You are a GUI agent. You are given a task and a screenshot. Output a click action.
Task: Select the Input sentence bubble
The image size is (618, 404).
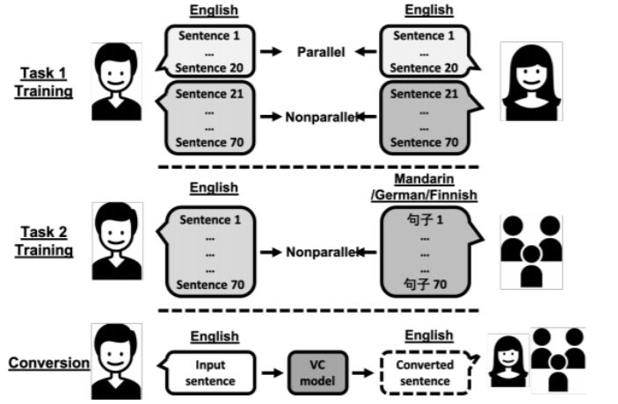215,371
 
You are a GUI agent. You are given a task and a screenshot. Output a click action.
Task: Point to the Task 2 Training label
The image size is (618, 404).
43,241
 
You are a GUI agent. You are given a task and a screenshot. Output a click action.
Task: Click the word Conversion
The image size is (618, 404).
48,363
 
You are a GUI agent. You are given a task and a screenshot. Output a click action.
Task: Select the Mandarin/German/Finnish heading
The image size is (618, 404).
428,186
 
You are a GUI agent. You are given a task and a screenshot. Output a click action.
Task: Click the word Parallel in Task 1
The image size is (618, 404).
319,52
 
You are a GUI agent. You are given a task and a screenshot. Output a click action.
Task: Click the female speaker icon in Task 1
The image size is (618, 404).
537,82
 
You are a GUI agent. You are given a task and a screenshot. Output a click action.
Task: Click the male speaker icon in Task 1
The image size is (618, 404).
117,82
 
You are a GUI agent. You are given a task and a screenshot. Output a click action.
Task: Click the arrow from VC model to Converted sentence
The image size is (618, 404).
362,371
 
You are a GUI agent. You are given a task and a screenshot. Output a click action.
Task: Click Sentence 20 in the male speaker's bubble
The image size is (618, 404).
208,68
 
